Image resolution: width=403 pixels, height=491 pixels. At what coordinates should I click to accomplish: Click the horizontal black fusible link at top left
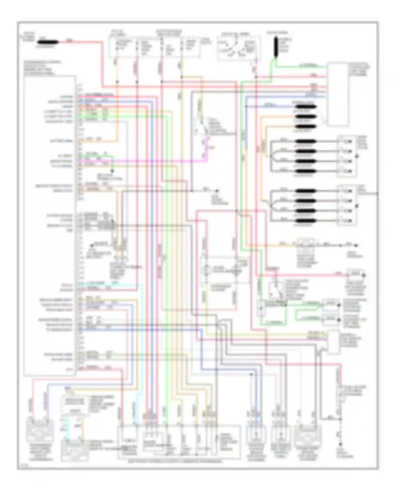(48, 42)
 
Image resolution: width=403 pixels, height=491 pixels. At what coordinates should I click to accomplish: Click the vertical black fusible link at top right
(276, 47)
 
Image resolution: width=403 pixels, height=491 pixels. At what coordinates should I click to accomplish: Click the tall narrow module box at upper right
(337, 94)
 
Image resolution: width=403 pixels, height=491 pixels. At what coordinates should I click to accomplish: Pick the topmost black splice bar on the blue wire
(306, 107)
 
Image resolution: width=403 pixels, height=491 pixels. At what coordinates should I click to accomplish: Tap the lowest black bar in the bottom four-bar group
(306, 221)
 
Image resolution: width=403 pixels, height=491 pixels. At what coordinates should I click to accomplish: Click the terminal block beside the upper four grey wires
(347, 156)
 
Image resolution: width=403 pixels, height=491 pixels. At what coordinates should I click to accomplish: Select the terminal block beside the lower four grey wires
(347, 206)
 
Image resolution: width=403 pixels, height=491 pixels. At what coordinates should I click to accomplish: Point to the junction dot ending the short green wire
(112, 171)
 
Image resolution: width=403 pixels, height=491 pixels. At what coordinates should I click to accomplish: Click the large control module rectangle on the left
(50, 226)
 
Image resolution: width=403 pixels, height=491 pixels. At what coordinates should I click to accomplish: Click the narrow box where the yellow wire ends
(333, 342)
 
